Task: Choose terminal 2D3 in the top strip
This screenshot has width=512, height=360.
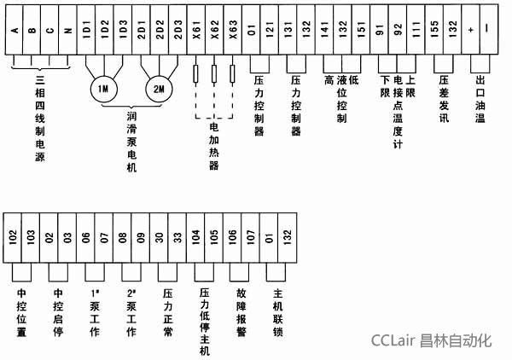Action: tap(177, 31)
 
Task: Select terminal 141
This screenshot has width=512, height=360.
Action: tap(325, 31)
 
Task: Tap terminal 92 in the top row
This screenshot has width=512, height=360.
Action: tap(398, 31)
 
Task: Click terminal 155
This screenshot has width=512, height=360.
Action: tap(434, 31)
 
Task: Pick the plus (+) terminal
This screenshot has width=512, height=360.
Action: tap(471, 31)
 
